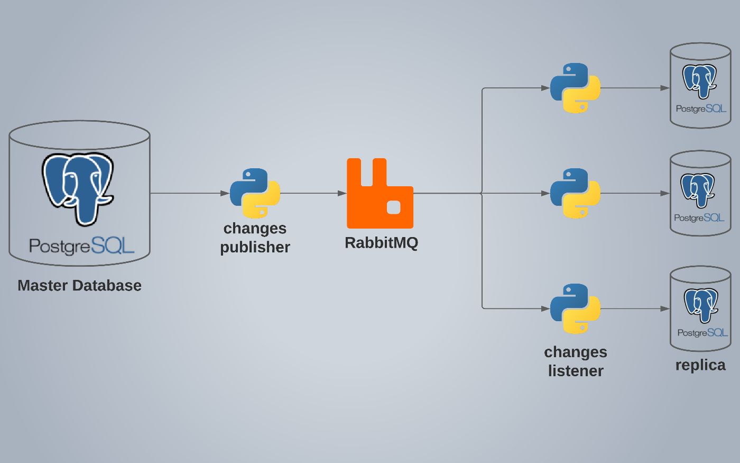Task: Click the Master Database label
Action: [x=79, y=286]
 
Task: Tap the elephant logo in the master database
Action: [x=78, y=188]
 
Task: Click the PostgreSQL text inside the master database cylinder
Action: [x=81, y=246]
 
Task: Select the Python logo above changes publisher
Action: [x=255, y=193]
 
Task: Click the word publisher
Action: [x=255, y=247]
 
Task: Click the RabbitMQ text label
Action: [x=381, y=243]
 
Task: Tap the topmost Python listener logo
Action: [x=575, y=88]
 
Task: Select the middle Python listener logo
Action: [x=575, y=193]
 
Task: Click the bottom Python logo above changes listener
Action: [x=575, y=308]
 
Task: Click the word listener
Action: [x=576, y=371]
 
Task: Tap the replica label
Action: [x=700, y=365]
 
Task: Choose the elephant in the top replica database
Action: [x=699, y=81]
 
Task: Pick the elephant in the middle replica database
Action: [x=698, y=189]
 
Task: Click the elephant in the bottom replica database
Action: [x=701, y=305]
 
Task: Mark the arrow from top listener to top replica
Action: [x=634, y=88]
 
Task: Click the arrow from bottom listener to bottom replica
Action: [x=634, y=308]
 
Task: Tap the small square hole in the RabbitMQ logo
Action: [x=393, y=207]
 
